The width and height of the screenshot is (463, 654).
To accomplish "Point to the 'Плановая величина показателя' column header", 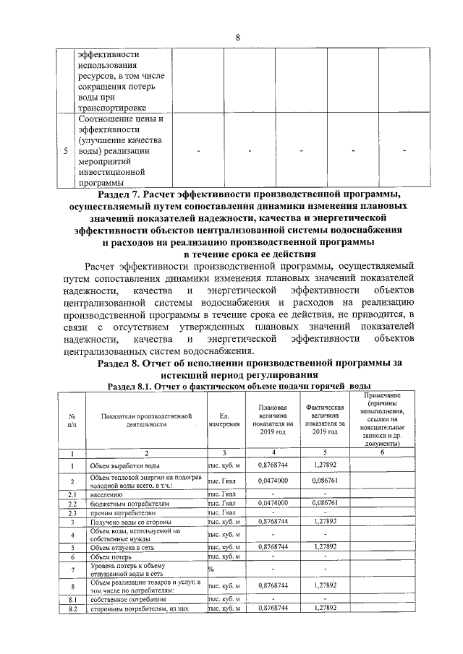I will click(273, 420).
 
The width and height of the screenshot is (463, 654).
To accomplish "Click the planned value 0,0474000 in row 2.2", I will click(273, 502).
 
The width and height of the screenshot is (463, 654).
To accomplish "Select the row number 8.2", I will click(72, 608).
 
